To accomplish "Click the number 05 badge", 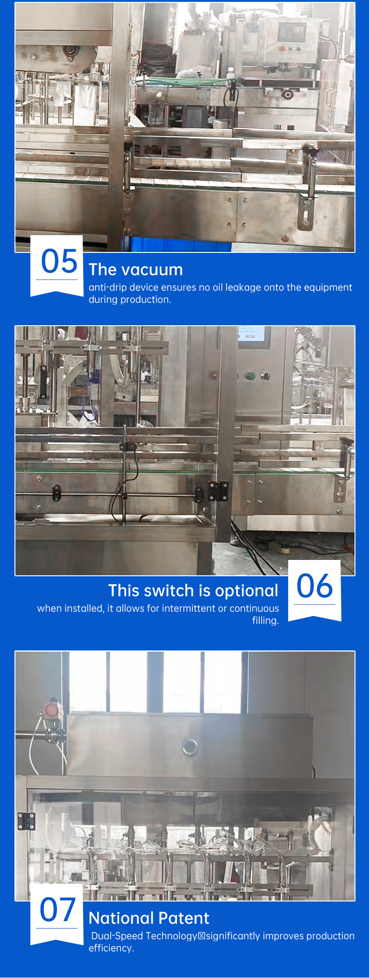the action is pos(57,265).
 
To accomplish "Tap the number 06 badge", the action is pos(315,590).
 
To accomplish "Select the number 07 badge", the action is pos(57,914).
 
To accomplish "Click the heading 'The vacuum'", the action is pos(136,270).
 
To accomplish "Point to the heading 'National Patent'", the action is pos(149,918).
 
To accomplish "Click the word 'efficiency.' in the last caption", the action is pos(111,948).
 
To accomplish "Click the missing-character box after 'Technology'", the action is pos(202,936).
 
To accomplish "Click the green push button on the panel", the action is pos(250,376).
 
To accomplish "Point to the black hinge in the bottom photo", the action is pos(26,821).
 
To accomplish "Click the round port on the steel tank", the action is pos(190,747).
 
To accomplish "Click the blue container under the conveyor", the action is pos(177,244).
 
